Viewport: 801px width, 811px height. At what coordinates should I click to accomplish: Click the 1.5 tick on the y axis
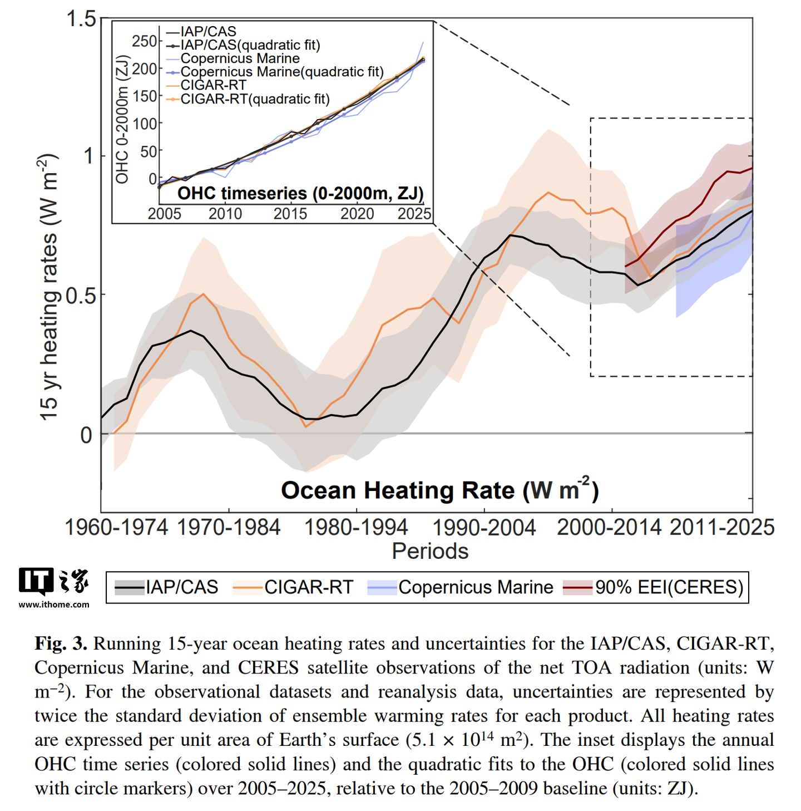click(82, 19)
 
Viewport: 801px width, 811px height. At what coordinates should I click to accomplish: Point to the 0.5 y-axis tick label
click(81, 296)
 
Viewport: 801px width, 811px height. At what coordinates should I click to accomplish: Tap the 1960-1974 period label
click(116, 527)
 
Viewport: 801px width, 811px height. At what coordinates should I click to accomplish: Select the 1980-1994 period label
click(356, 527)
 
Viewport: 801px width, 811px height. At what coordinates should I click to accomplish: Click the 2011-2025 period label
click(721, 527)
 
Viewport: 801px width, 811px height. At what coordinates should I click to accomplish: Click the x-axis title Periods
click(430, 551)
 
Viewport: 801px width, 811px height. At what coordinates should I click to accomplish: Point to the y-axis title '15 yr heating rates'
click(49, 287)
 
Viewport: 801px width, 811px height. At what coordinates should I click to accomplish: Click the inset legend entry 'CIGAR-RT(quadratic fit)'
click(255, 99)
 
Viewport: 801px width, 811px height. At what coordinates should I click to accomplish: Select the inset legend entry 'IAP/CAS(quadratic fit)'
click(250, 45)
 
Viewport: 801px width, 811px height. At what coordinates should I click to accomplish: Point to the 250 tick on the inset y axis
click(144, 41)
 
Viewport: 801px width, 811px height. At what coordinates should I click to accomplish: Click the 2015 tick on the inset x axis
click(290, 214)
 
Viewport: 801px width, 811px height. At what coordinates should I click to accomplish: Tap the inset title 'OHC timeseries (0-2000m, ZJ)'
click(300, 194)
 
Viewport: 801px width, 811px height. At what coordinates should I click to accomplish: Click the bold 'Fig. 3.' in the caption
click(61, 643)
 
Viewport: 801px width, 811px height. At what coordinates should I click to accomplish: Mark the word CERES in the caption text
click(268, 667)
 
